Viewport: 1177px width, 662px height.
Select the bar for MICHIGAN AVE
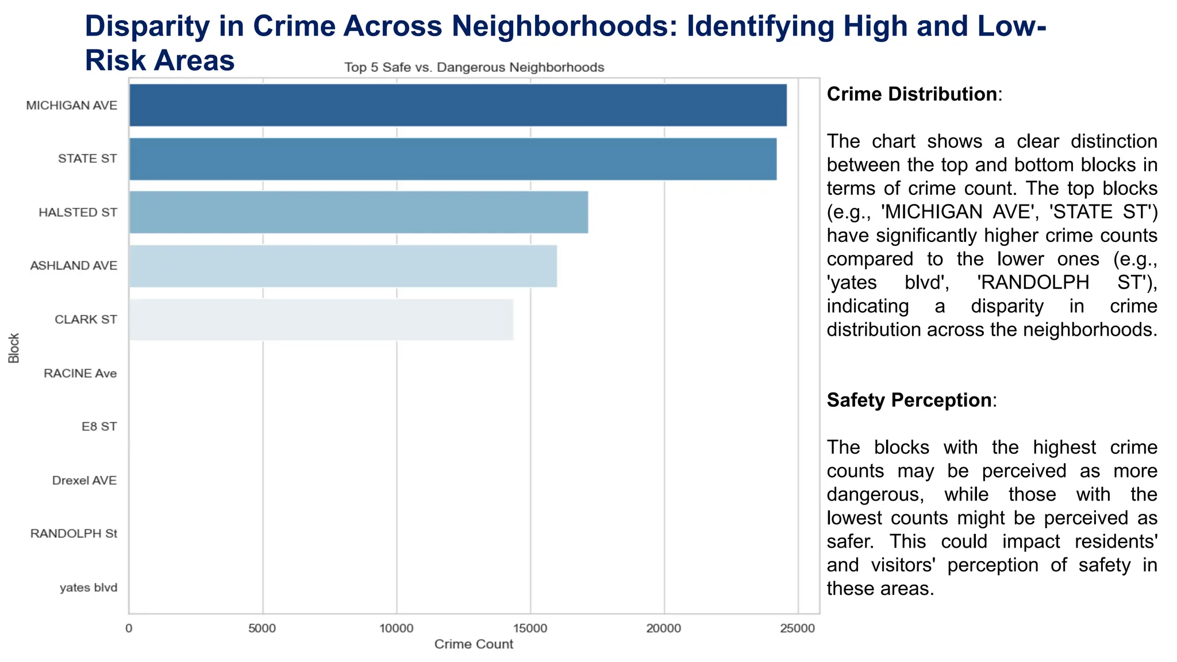click(x=457, y=105)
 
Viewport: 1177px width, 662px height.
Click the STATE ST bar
click(x=452, y=159)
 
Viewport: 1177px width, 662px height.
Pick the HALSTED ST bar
click(x=358, y=212)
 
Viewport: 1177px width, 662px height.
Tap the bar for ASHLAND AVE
click(x=343, y=266)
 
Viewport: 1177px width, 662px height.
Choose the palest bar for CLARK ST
click(x=321, y=320)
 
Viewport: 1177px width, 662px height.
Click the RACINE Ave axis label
click(x=80, y=374)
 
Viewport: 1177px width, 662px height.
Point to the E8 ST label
click(x=99, y=426)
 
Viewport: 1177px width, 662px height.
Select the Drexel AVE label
click(x=84, y=480)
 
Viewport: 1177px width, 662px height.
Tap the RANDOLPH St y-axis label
click(x=74, y=534)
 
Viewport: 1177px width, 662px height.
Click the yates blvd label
click(x=89, y=588)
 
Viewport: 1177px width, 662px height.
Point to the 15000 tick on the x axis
click(x=530, y=629)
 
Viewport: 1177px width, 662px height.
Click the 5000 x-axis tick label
click(x=262, y=629)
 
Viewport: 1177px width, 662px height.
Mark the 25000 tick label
click(x=798, y=629)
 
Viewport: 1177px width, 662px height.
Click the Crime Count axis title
click(x=474, y=644)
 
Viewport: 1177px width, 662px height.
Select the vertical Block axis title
click(x=14, y=348)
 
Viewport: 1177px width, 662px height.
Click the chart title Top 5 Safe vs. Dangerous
click(x=474, y=68)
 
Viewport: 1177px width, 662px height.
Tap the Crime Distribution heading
click(x=911, y=94)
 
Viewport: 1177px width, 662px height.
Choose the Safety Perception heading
click(x=909, y=400)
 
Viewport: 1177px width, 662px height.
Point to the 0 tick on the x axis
click(x=129, y=629)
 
